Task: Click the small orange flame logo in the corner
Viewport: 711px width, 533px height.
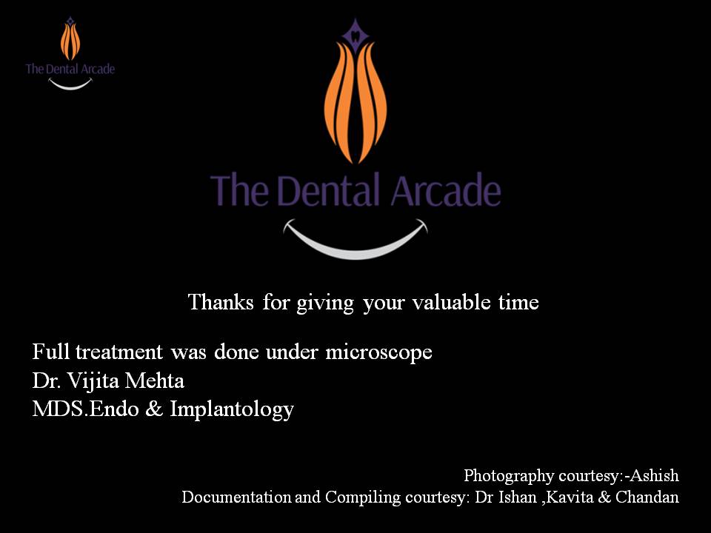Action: click(70, 41)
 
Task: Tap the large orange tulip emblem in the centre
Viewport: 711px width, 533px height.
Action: click(355, 102)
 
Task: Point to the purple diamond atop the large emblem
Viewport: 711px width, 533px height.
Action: click(355, 33)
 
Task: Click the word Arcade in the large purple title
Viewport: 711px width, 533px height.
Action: click(446, 190)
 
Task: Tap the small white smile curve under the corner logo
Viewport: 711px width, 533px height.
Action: click(70, 84)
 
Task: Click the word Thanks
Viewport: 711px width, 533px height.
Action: click(221, 302)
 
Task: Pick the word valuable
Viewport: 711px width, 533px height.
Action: click(452, 302)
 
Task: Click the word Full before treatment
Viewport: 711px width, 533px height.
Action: click(50, 352)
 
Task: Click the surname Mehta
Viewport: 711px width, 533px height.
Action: click(155, 381)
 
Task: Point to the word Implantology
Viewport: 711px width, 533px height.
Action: click(232, 410)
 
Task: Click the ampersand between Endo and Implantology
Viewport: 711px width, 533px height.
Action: click(154, 409)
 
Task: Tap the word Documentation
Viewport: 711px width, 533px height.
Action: click(236, 497)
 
